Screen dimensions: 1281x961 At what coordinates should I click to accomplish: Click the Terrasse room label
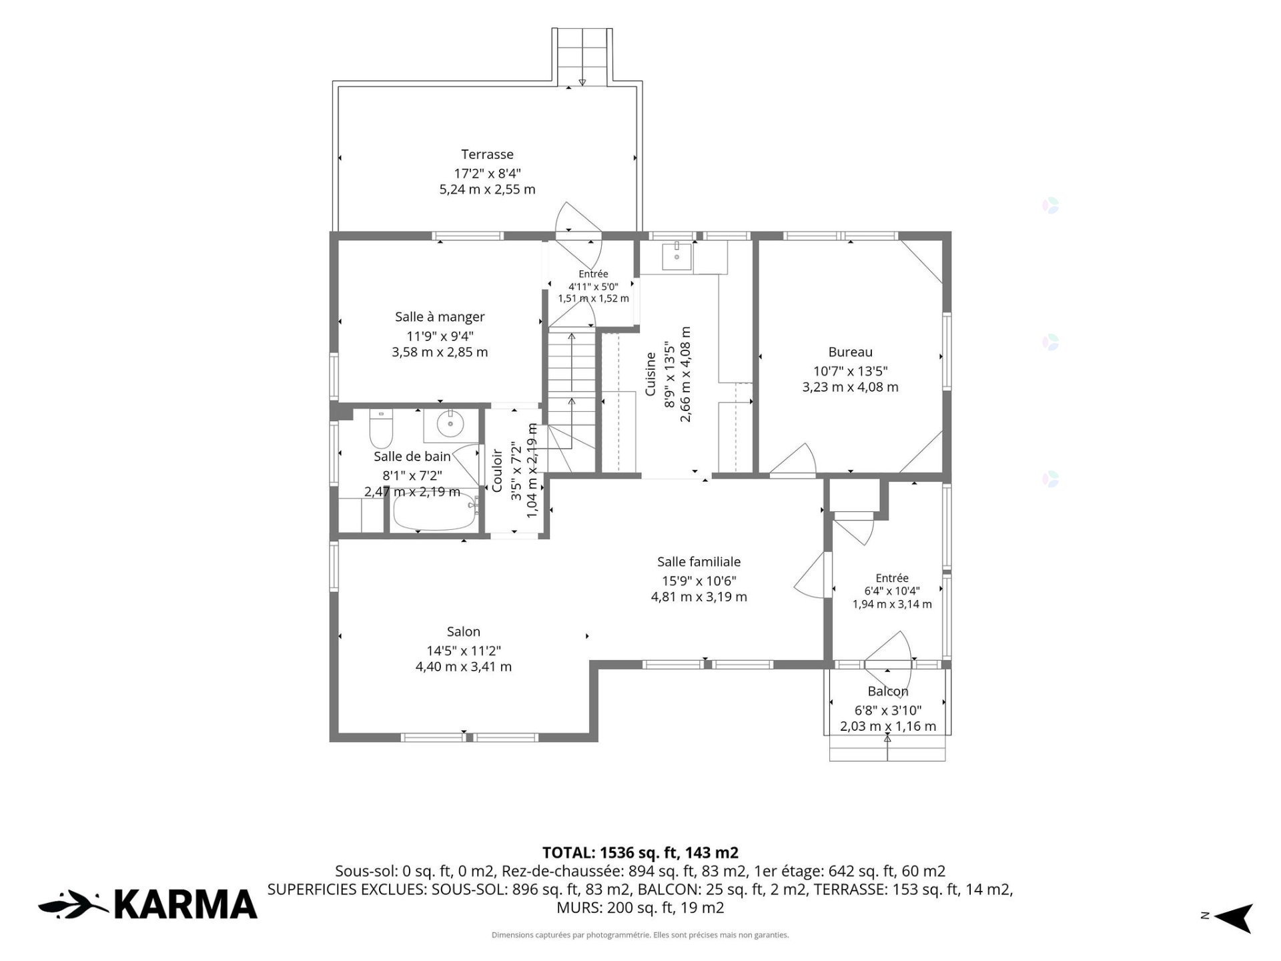(487, 155)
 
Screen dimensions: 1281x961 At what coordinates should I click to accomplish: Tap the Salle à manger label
(440, 317)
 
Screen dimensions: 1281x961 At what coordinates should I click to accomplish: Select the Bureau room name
(850, 352)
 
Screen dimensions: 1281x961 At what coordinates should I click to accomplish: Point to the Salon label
(464, 631)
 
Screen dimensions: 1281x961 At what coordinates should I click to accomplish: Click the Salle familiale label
(699, 562)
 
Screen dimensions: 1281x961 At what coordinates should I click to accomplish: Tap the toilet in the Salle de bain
(382, 430)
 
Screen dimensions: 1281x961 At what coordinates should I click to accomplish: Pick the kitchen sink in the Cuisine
(677, 257)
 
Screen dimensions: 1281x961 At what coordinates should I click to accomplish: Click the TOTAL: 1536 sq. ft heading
(640, 852)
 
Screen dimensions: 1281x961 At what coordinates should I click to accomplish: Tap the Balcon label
(888, 691)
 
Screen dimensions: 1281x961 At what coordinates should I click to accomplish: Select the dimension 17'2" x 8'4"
(487, 174)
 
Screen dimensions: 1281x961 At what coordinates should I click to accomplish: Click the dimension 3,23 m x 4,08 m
(850, 387)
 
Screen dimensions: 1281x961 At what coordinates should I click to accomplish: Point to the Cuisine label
(651, 374)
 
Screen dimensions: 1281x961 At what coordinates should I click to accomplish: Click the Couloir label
(497, 470)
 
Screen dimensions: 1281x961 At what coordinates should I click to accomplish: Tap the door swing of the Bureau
(794, 460)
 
